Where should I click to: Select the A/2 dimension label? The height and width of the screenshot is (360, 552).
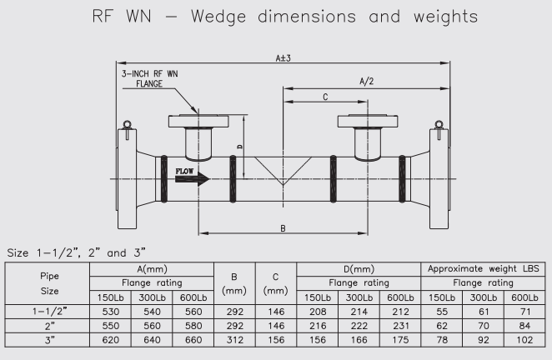(367, 82)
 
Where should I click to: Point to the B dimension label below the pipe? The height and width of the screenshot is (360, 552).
(284, 227)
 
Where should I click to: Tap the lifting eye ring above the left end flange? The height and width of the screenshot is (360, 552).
(126, 127)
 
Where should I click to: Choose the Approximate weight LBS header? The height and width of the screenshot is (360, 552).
(484, 269)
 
